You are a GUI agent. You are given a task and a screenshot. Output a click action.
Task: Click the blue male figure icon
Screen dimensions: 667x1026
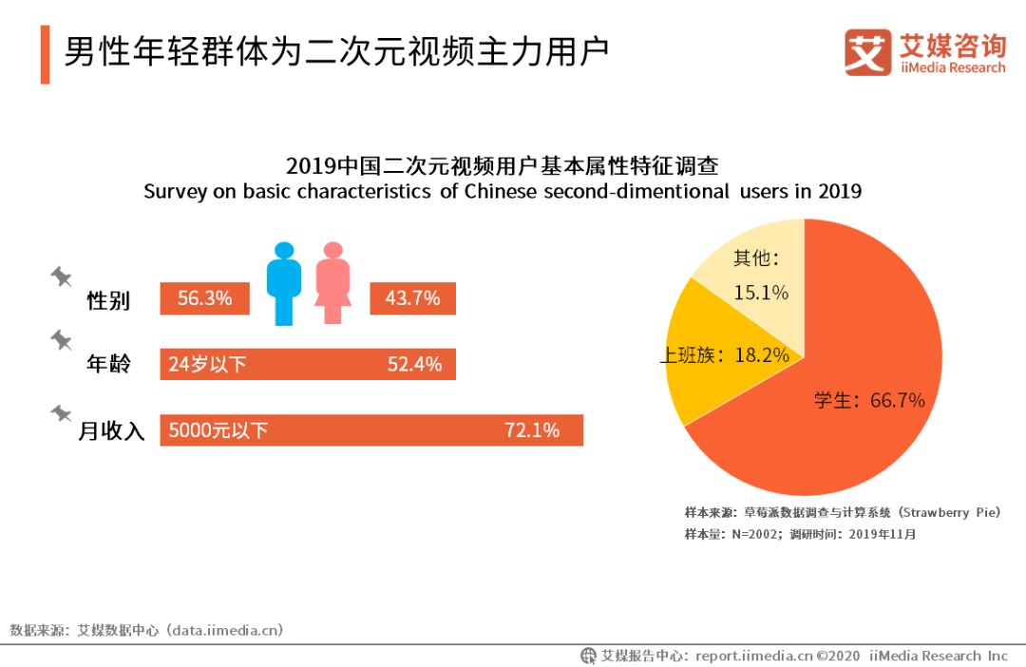coord(283,283)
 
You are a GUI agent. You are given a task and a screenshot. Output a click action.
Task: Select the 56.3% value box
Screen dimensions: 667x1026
coord(204,298)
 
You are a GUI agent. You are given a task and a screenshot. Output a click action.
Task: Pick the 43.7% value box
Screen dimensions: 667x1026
coord(412,298)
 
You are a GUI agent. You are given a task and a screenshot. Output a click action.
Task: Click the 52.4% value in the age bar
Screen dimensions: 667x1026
coord(414,364)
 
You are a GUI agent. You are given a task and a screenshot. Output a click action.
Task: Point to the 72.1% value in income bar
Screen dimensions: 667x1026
coord(532,430)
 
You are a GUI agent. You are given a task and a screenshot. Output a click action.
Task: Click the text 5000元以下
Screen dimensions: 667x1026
coord(218,430)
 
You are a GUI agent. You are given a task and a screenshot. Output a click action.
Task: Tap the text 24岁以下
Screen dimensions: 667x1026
coord(207,364)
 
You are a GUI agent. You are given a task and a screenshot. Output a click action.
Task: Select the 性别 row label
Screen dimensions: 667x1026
coord(108,301)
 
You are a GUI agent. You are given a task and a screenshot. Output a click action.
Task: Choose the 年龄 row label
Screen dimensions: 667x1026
coord(108,364)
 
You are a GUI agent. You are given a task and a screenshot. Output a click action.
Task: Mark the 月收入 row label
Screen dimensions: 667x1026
coord(111,431)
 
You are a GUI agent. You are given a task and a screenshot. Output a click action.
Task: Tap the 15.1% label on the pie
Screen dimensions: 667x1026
coord(761,293)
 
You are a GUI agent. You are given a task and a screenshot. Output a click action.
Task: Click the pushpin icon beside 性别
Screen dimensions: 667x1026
coord(62,276)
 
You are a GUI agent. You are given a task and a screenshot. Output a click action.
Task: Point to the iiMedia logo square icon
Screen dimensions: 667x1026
coord(867,52)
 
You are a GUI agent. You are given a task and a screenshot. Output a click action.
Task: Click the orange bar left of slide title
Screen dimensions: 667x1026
coord(45,55)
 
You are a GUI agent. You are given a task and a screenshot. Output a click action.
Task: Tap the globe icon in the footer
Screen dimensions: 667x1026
coord(589,656)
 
